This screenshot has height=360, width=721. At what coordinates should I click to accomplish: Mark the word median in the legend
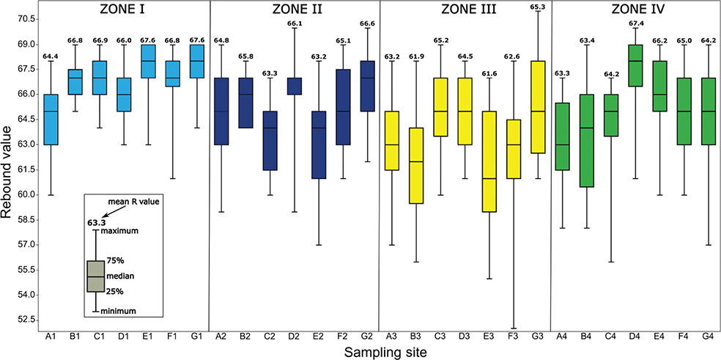pos(120,276)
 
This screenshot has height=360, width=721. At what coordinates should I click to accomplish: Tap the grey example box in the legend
pos(96,276)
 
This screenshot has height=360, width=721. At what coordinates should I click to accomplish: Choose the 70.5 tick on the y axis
pos(27,18)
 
